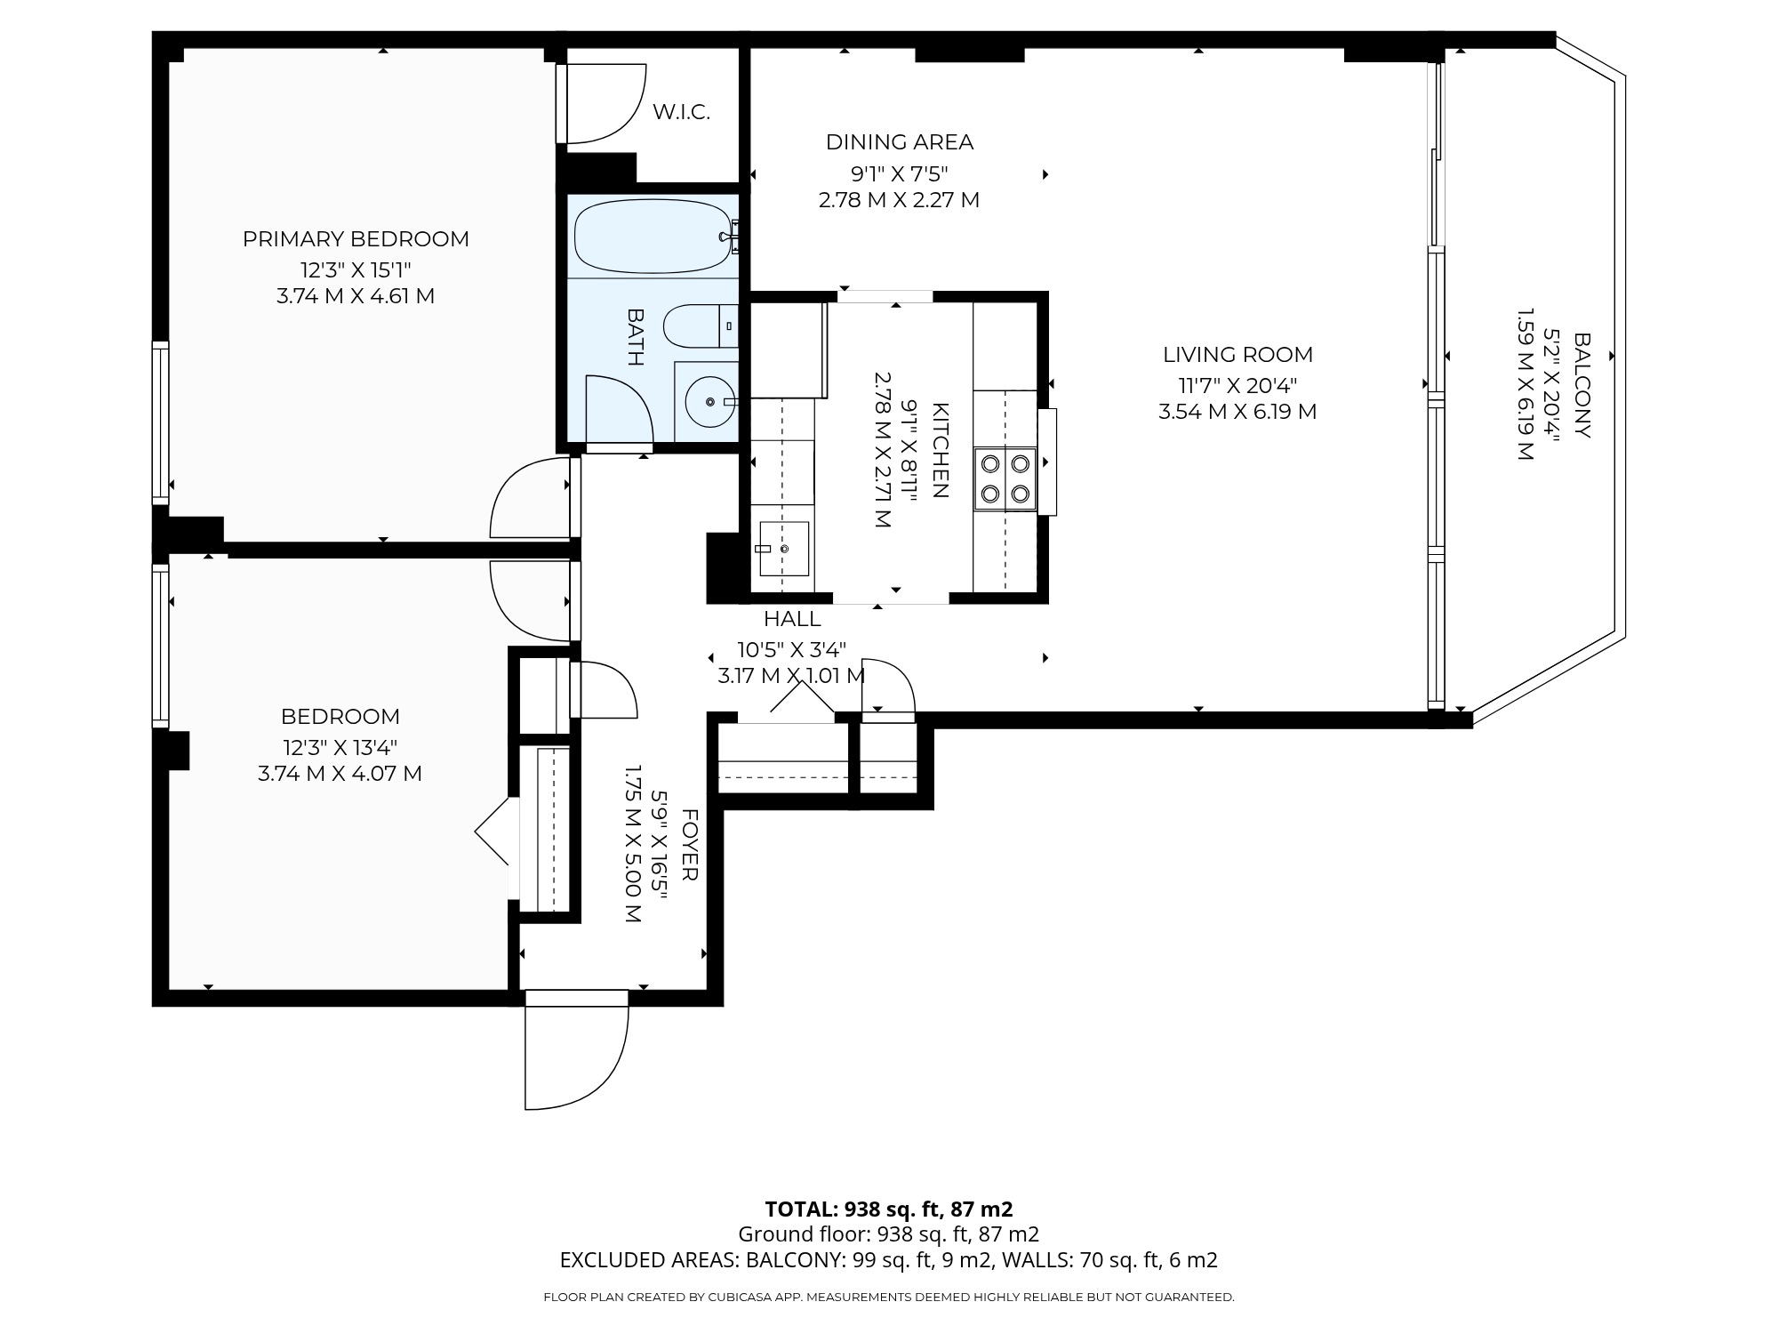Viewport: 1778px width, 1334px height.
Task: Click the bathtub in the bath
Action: point(656,237)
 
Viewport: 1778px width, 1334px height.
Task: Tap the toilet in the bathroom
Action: point(701,326)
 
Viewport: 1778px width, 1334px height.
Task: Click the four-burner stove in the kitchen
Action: point(1005,478)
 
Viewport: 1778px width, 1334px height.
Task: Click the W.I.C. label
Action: point(681,112)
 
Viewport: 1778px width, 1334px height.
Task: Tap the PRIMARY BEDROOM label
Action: point(356,238)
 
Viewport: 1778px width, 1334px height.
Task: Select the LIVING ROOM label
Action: point(1237,354)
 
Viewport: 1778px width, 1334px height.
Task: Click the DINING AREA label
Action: point(900,141)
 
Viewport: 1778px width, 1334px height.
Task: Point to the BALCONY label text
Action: point(1582,385)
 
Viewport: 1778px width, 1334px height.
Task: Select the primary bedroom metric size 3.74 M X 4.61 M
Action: point(356,295)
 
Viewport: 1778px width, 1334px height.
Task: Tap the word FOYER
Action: point(690,845)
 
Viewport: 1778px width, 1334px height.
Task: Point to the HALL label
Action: point(792,618)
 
